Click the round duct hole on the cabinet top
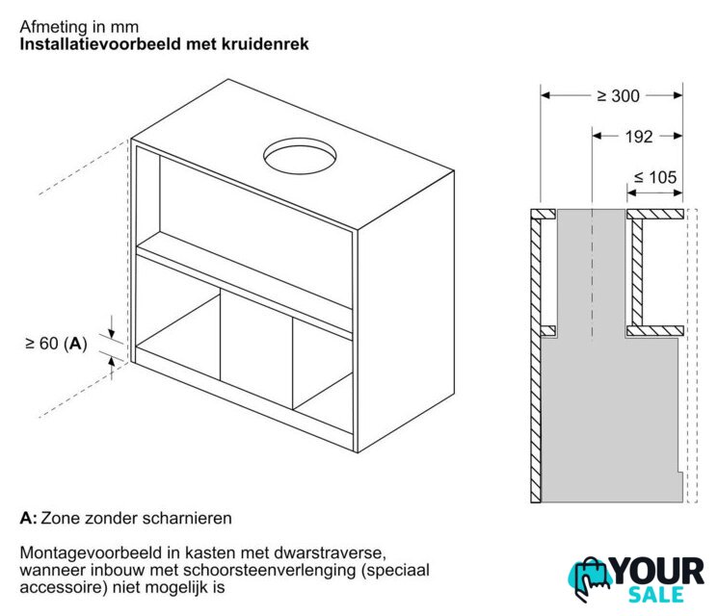(300, 156)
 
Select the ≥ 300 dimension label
(618, 96)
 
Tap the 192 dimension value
(639, 137)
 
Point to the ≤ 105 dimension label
(654, 177)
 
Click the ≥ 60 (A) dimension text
(56, 343)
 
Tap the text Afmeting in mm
(79, 27)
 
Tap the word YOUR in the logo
(657, 571)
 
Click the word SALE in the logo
(655, 595)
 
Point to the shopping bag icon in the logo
(589, 579)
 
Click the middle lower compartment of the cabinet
(256, 347)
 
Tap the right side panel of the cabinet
(406, 311)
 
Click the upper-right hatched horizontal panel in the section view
(654, 214)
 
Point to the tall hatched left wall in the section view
(535, 357)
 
